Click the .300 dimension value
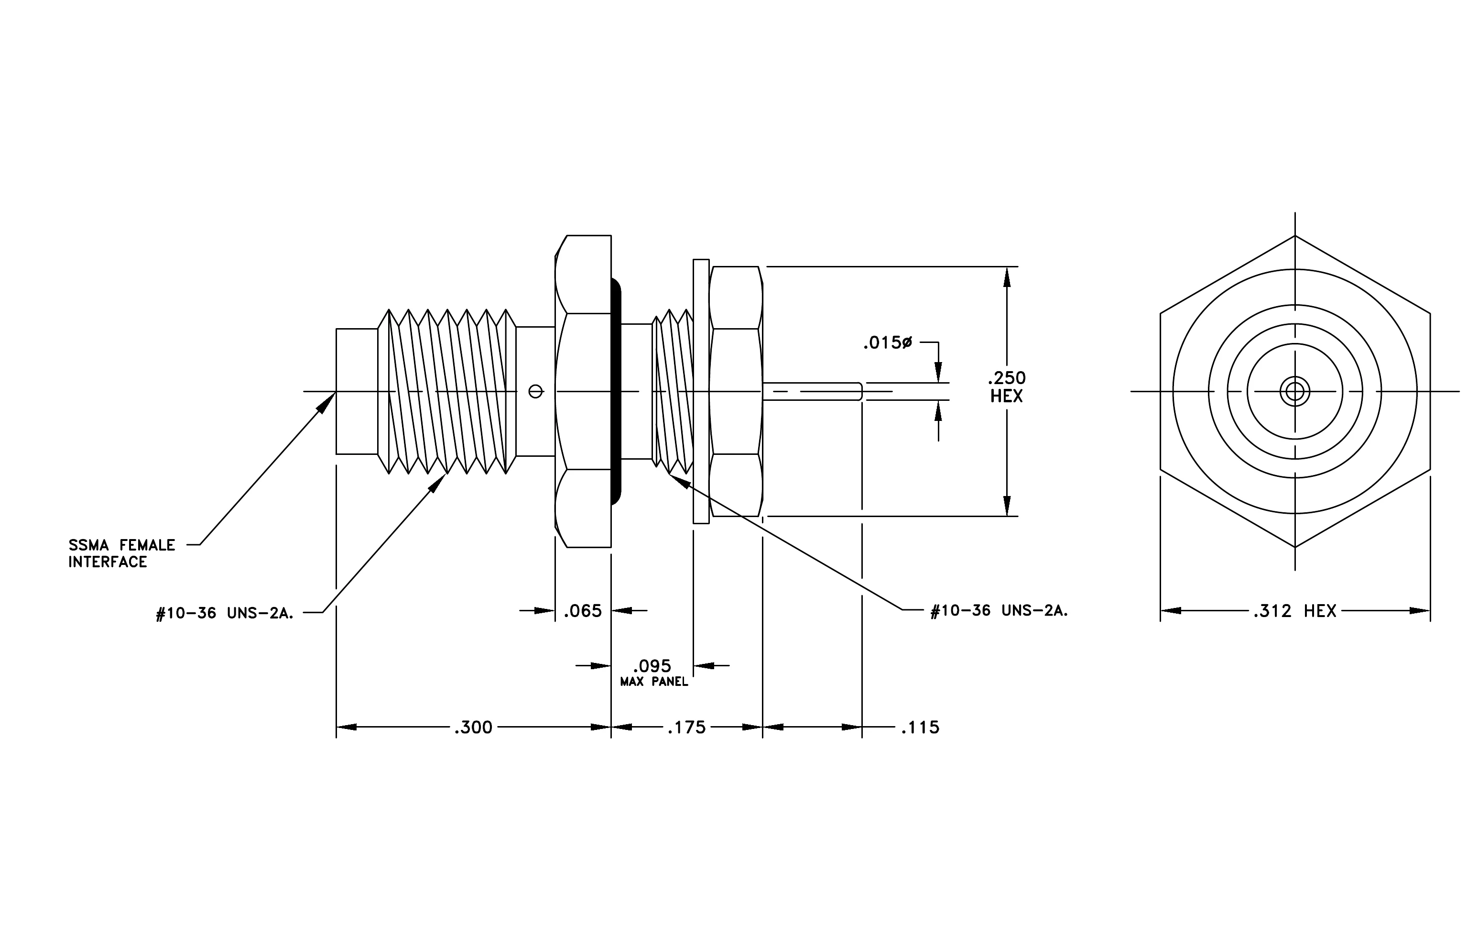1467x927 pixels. (x=473, y=727)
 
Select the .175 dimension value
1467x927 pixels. (x=686, y=727)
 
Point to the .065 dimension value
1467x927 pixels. (x=582, y=611)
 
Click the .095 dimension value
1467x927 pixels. (x=652, y=665)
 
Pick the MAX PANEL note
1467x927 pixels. (x=654, y=682)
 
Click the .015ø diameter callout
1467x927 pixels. (x=887, y=343)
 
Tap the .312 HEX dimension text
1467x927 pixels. (x=1294, y=611)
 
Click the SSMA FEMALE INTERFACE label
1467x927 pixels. (x=121, y=553)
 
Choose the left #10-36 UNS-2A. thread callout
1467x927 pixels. (x=225, y=613)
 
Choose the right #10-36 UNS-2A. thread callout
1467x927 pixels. (x=999, y=611)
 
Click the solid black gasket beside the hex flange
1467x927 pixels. (x=616, y=391)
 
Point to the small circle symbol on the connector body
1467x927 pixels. (x=535, y=391)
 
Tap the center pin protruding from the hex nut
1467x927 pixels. (x=812, y=391)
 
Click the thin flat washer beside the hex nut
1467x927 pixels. (x=701, y=391)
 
